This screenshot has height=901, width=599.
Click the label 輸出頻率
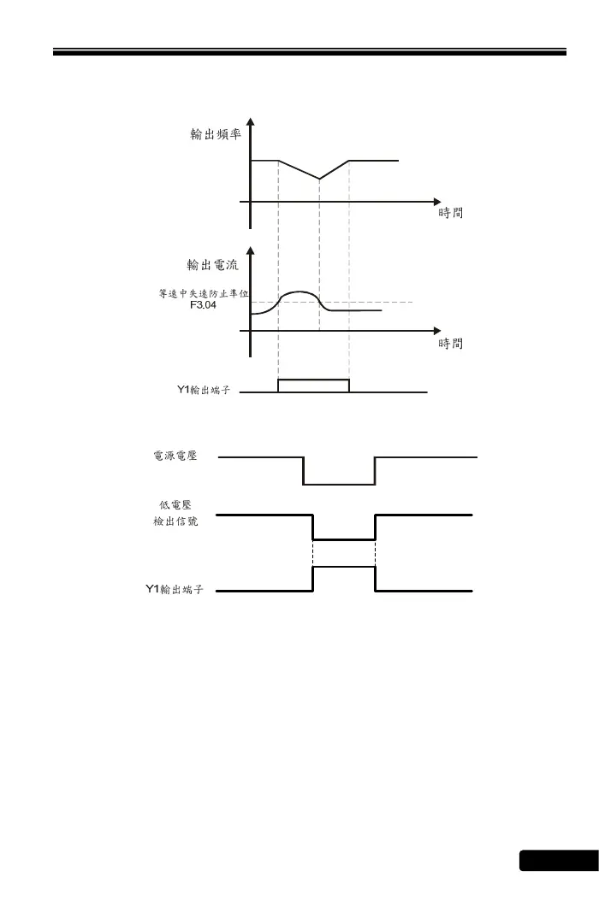click(216, 135)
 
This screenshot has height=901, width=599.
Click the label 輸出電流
click(212, 264)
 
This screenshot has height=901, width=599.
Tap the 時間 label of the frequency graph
click(451, 214)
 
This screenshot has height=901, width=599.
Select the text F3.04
click(204, 303)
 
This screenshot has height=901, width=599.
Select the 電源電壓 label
click(175, 457)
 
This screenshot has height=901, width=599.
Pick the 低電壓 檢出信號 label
click(175, 514)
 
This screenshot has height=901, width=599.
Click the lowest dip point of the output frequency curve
click(319, 179)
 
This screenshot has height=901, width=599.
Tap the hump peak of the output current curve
click(299, 292)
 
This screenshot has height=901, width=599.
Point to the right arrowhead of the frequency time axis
click(436, 202)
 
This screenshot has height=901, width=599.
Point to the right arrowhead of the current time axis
click(436, 330)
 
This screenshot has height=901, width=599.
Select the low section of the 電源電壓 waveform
click(339, 485)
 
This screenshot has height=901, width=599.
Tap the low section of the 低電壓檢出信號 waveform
click(344, 539)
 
